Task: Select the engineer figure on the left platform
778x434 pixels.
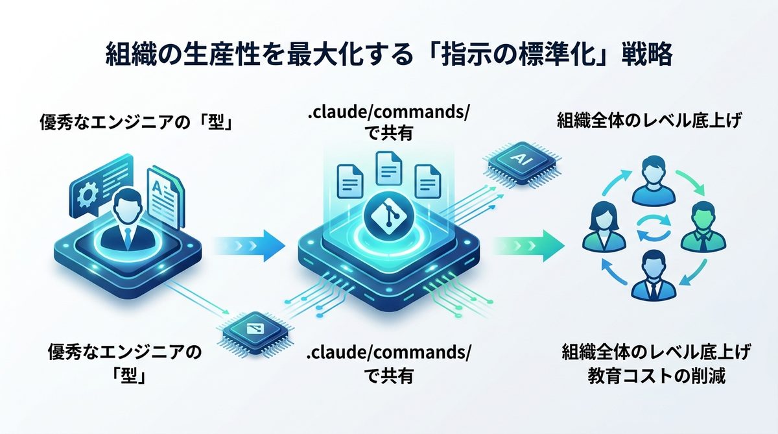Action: (127, 219)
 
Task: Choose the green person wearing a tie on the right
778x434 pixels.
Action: (701, 227)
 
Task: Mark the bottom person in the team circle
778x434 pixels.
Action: (650, 275)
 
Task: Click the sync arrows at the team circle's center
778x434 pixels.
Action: (651, 229)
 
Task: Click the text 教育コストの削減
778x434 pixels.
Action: (656, 376)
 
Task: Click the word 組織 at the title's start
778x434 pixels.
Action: (125, 54)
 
